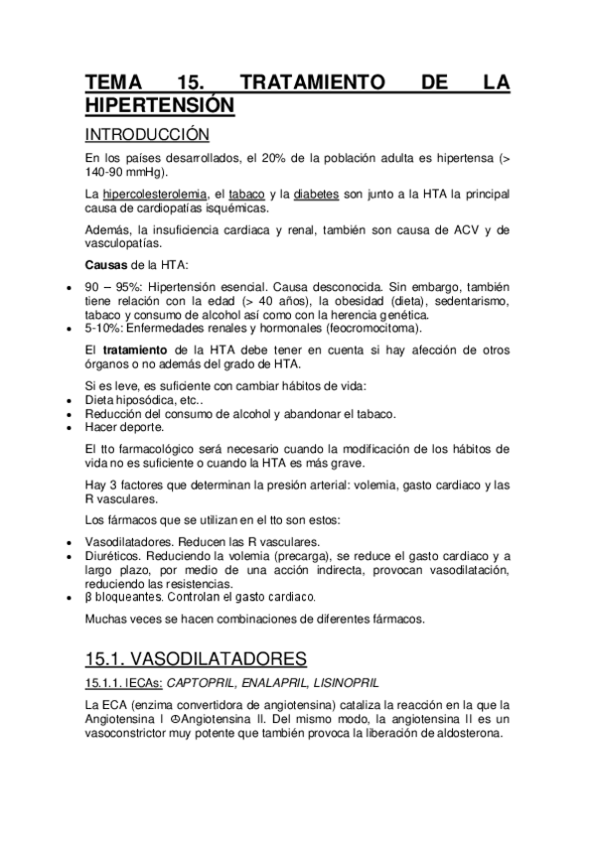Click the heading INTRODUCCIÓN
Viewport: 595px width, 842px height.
coord(146,134)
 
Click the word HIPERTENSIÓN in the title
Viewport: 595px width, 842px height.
coord(160,104)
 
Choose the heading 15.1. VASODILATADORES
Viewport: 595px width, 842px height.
coord(195,658)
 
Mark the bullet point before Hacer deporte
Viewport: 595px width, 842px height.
coord(66,428)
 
